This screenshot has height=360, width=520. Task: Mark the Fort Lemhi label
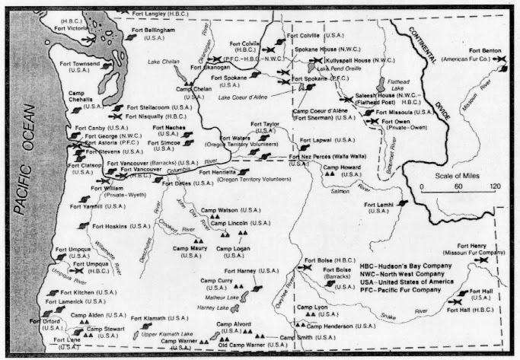pos(379,208)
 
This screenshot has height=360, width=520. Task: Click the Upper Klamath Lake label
pos(174,334)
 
